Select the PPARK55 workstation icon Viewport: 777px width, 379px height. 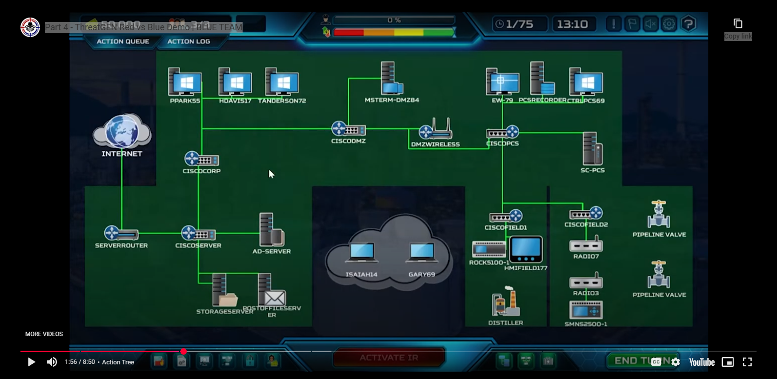coord(185,82)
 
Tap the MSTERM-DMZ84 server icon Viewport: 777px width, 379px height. coord(391,79)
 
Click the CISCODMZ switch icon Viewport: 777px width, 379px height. coord(348,129)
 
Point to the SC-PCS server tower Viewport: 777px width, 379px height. coord(592,149)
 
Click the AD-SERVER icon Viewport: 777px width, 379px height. coord(271,230)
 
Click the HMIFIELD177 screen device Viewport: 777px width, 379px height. coord(526,249)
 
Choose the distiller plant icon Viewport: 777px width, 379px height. coord(506,302)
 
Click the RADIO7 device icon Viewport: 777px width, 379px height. coord(586,244)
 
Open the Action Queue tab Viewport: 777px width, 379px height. coord(123,41)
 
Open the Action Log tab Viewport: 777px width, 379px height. coord(189,41)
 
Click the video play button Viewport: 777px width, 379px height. coord(31,362)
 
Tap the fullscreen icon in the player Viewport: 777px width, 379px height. coord(747,362)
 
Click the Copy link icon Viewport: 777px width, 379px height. coord(738,24)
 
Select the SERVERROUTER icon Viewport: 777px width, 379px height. coord(121,234)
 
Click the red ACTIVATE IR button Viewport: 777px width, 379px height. coord(389,358)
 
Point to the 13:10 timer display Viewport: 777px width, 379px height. coord(572,24)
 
